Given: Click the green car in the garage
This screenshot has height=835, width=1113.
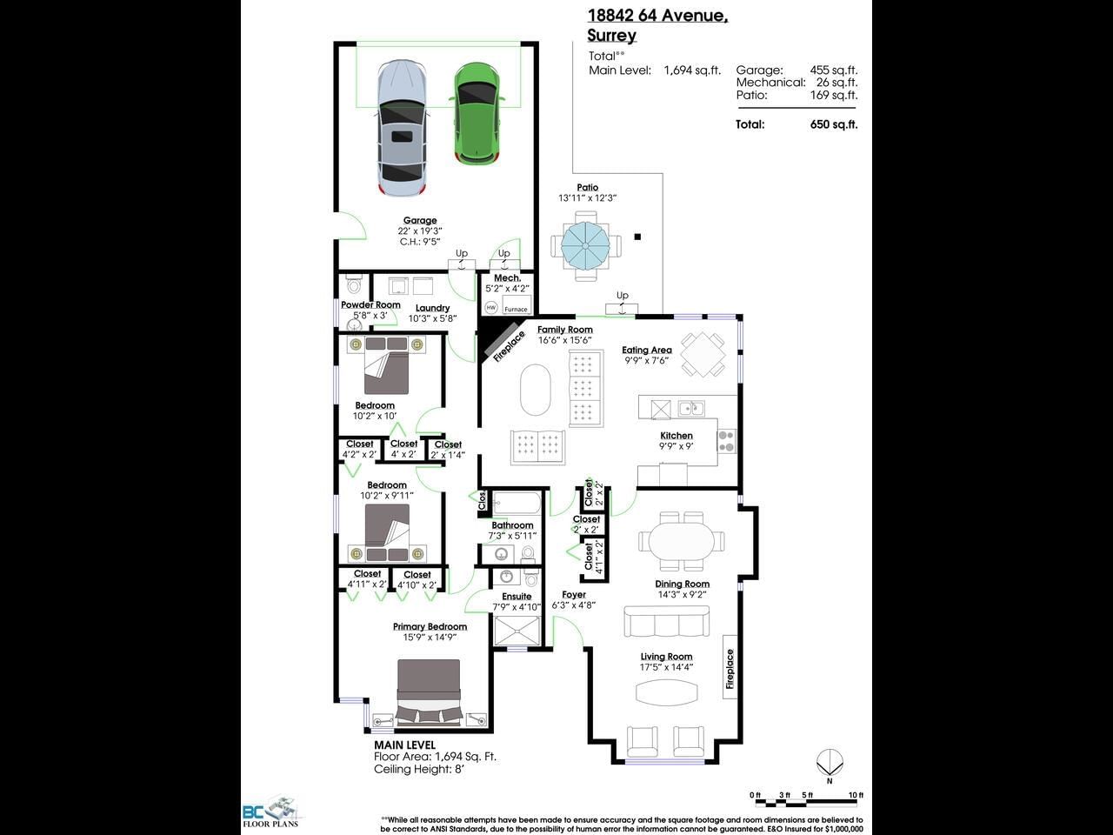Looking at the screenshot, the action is pyautogui.click(x=477, y=114).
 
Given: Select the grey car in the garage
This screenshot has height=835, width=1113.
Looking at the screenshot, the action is pyautogui.click(x=402, y=129).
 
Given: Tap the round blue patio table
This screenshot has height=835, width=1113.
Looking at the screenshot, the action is pyautogui.click(x=585, y=246).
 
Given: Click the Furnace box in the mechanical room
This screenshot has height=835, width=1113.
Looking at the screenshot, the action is pyautogui.click(x=517, y=305).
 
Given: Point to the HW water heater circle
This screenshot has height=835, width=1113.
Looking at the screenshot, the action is pyautogui.click(x=490, y=307).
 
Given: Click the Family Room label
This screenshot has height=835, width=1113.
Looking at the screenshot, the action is pyautogui.click(x=565, y=330).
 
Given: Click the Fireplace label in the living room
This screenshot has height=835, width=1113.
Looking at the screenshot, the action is pyautogui.click(x=730, y=669).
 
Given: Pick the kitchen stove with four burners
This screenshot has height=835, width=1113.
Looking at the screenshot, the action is pyautogui.click(x=726, y=441).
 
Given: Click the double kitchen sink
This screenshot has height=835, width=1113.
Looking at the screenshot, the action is pyautogui.click(x=691, y=408).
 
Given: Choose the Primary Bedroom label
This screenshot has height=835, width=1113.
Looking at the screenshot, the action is pyautogui.click(x=430, y=626).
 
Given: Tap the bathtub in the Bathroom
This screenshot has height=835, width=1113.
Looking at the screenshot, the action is pyautogui.click(x=517, y=504).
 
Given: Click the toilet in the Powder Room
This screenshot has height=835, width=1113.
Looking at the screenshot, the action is pyautogui.click(x=353, y=285).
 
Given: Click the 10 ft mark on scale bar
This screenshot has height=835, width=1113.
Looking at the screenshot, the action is pyautogui.click(x=856, y=795).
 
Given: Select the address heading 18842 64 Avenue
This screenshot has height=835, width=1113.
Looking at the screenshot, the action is pyautogui.click(x=658, y=16).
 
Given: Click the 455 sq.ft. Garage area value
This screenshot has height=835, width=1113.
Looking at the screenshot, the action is pyautogui.click(x=834, y=70).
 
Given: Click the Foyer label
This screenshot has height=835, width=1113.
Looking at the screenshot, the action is pyautogui.click(x=574, y=595).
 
